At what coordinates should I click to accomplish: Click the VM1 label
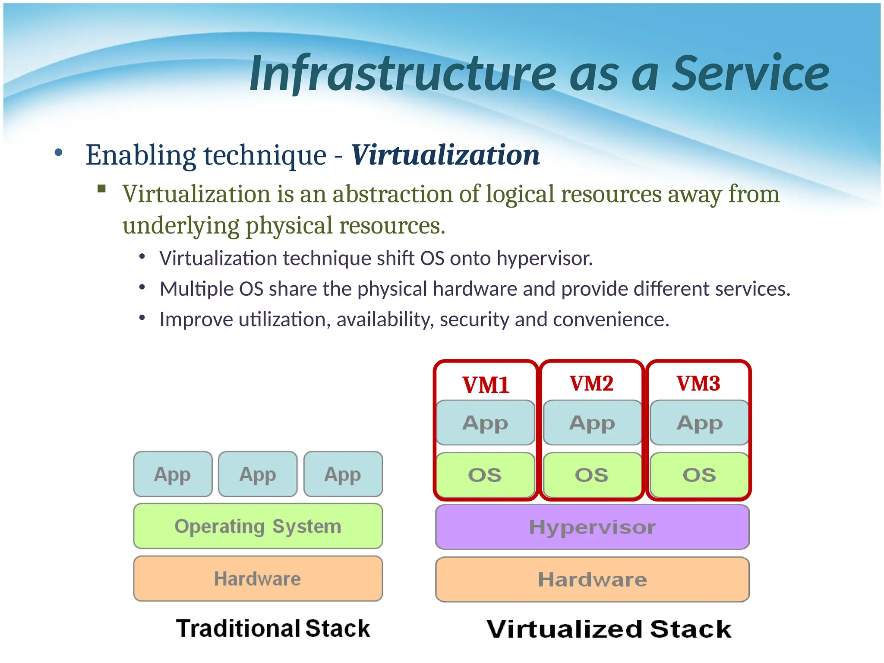(486, 385)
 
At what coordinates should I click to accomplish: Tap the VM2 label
(591, 383)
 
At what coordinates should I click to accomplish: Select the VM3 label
(698, 383)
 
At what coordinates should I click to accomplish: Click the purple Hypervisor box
(592, 527)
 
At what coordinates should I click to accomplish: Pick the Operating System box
(258, 526)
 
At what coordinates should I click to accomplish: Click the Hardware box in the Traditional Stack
(258, 579)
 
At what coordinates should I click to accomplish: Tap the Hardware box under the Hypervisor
(592, 580)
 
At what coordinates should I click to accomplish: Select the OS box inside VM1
(485, 475)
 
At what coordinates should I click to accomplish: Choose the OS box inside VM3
(699, 475)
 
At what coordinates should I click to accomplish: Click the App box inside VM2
(592, 423)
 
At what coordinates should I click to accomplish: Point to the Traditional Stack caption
(273, 628)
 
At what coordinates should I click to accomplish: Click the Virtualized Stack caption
(609, 629)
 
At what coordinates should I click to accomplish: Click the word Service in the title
(751, 73)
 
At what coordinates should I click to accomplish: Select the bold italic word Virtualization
(445, 155)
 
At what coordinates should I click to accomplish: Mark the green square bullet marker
(102, 188)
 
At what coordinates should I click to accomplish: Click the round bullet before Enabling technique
(59, 152)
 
